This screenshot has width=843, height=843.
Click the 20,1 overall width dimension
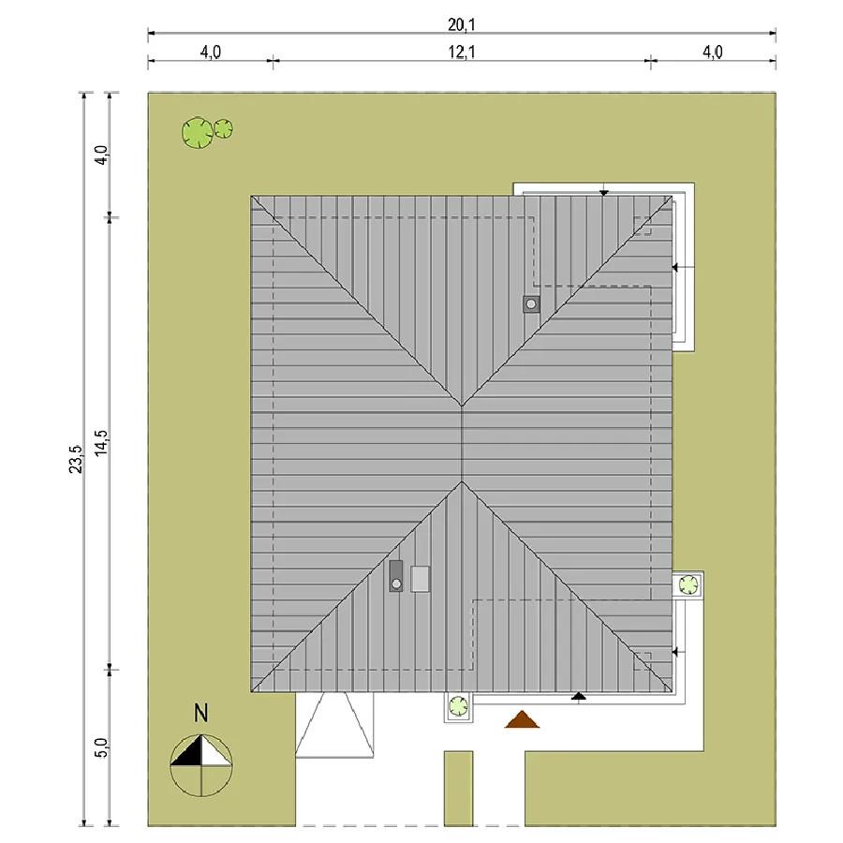pyautogui.click(x=461, y=24)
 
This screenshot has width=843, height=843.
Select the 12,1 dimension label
pyautogui.click(x=461, y=52)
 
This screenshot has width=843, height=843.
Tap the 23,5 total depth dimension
pyautogui.click(x=76, y=459)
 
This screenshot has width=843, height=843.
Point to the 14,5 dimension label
pyautogui.click(x=101, y=443)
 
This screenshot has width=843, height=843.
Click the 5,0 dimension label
pyautogui.click(x=101, y=747)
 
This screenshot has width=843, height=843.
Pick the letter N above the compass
pyautogui.click(x=200, y=713)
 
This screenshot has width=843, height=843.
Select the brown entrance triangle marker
pyautogui.click(x=522, y=719)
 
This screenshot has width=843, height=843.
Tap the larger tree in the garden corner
pyautogui.click(x=198, y=133)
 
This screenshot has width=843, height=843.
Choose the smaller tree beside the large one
pyautogui.click(x=223, y=129)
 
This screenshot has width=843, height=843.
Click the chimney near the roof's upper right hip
pyautogui.click(x=531, y=304)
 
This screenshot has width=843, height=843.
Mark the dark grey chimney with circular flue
pyautogui.click(x=395, y=576)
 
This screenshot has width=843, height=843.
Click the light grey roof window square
pyautogui.click(x=421, y=579)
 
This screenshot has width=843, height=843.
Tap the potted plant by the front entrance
pyautogui.click(x=458, y=706)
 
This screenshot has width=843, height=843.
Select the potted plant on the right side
pyautogui.click(x=688, y=584)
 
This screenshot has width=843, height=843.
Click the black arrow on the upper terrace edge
pyautogui.click(x=604, y=192)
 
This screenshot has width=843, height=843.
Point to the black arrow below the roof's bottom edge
pyautogui.click(x=579, y=696)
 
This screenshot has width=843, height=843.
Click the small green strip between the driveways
pyautogui.click(x=458, y=788)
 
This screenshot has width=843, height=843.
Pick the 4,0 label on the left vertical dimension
pyautogui.click(x=101, y=155)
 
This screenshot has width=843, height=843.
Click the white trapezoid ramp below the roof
pyautogui.click(x=334, y=725)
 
